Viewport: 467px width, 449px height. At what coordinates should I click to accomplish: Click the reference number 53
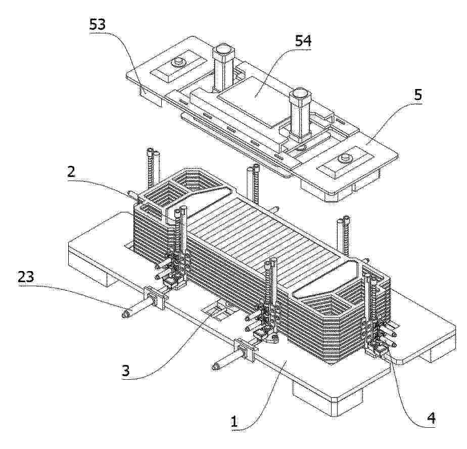pos(98,24)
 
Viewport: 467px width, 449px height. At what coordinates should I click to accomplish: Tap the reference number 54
pos(303,41)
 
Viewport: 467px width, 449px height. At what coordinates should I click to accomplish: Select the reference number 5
pos(418,96)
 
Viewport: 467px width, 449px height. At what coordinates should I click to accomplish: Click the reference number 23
pos(26,278)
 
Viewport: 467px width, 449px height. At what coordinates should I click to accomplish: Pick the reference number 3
pos(125,371)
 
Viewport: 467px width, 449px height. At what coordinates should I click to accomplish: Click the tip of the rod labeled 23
pos(125,315)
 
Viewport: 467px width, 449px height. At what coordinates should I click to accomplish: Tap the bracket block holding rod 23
pos(154,297)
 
